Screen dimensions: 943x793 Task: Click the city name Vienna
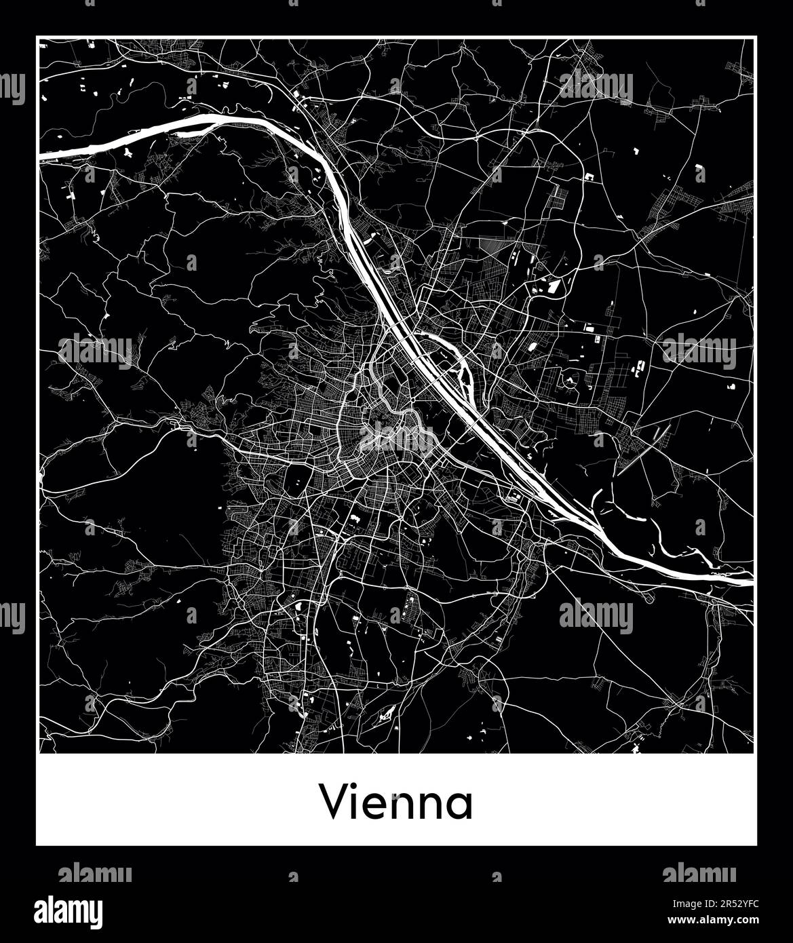click(x=396, y=803)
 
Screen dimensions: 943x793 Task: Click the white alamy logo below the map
click(x=69, y=910)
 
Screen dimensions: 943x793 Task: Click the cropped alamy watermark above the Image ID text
click(x=699, y=873)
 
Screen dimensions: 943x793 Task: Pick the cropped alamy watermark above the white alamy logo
click(x=95, y=873)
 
